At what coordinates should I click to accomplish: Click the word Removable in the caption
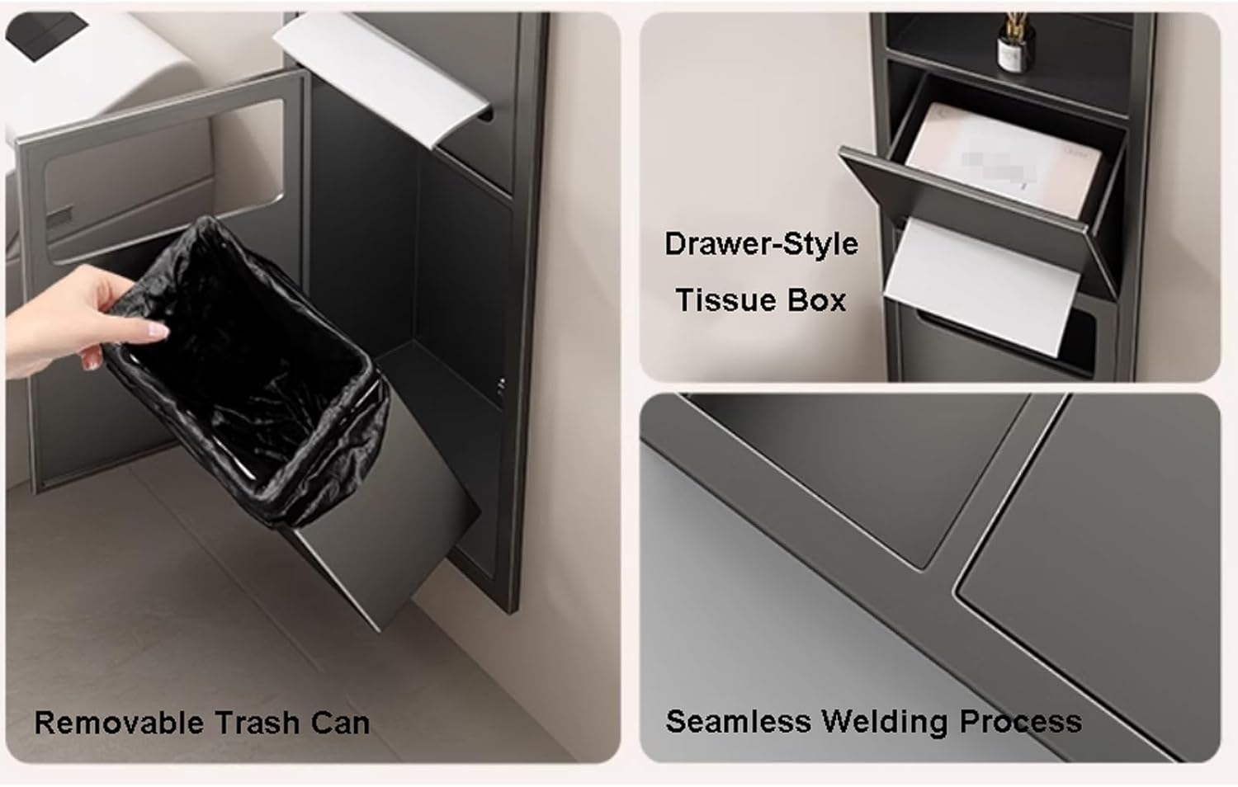tap(119, 723)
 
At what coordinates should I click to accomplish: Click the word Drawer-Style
tap(762, 244)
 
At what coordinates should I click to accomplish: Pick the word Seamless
tap(738, 721)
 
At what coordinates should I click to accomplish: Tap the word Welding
tap(884, 722)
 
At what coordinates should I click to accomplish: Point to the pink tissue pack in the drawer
tap(1001, 159)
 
